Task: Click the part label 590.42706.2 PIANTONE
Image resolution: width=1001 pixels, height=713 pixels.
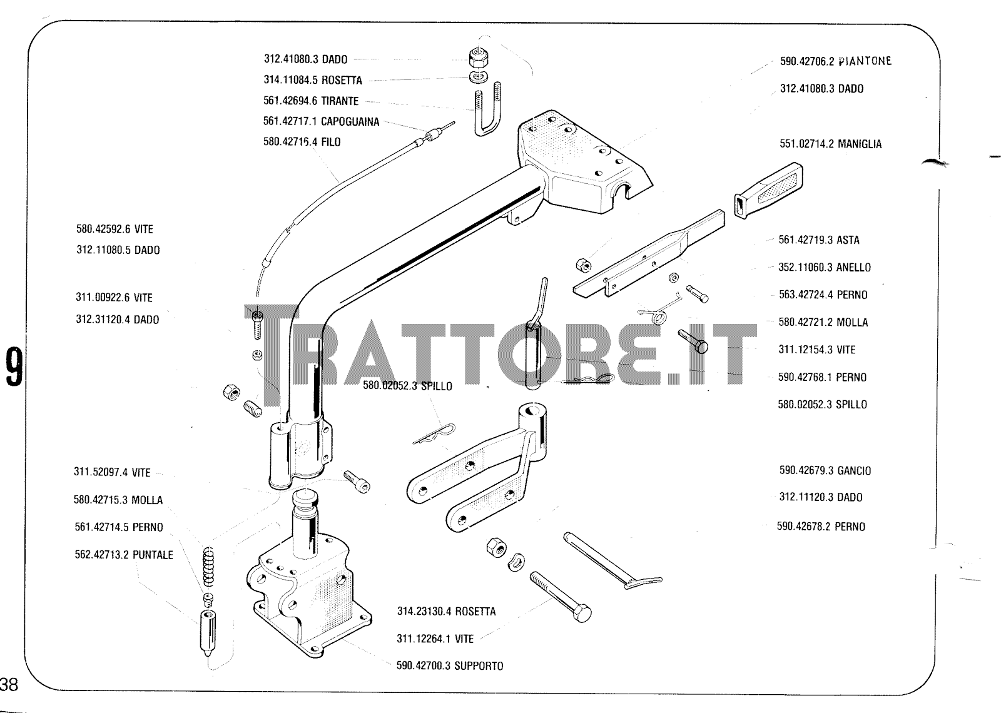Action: pos(836,61)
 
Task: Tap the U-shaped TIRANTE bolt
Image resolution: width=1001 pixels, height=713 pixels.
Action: pos(488,109)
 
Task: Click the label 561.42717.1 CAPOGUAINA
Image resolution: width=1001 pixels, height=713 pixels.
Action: pos(321,121)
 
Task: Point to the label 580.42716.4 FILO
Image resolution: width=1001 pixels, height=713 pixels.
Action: pos(302,142)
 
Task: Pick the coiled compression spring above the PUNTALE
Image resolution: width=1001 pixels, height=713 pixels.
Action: pos(209,567)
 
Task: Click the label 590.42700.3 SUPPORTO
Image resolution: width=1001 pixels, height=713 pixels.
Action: pos(450,665)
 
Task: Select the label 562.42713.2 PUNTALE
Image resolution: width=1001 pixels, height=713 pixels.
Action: pos(123,555)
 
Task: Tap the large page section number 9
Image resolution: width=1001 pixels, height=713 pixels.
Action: pos(14,367)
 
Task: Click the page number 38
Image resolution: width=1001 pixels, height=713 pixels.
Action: pos(9,684)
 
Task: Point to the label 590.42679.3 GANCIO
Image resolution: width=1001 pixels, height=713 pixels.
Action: pos(825,470)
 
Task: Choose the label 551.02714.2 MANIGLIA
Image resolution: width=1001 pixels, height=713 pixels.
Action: pos(830,144)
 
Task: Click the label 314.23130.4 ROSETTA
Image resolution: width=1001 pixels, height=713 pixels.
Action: pos(447,611)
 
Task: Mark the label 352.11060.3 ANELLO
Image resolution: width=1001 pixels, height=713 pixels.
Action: pos(825,267)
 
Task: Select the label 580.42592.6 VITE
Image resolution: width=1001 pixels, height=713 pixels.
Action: pos(114,229)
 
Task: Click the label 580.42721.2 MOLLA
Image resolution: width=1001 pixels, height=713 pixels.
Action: pos(823,322)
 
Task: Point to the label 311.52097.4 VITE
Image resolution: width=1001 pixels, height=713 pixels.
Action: pos(112,472)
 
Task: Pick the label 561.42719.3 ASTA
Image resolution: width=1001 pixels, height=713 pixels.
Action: pos(819,240)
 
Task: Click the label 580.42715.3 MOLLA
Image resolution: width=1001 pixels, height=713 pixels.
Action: pos(118,500)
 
